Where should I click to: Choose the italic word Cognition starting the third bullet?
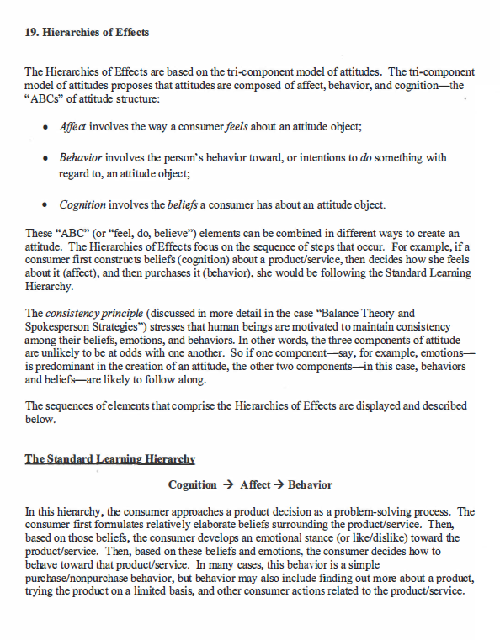pos(82,204)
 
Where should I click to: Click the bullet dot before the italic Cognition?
pos(44,205)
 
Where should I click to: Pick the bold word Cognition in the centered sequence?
pos(193,485)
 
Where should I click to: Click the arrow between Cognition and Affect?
pos(228,485)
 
